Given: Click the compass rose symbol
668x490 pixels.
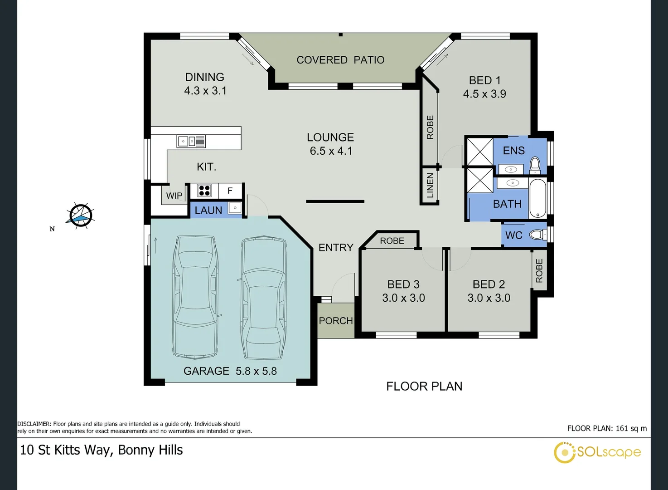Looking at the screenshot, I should pos(80,216).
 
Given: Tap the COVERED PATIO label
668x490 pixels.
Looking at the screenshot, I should pos(340,60).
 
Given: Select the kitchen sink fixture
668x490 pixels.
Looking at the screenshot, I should pos(191,142).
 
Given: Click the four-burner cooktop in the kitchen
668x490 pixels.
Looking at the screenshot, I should pos(204,191).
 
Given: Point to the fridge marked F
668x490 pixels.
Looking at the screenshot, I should pos(230,191).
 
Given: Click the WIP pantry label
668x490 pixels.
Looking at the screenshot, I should pos(174,196).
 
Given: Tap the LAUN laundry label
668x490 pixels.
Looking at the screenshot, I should pos(208,210).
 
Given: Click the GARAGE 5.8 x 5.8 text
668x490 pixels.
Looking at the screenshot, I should pos(230,371).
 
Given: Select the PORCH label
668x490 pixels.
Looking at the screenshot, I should pos(336,321).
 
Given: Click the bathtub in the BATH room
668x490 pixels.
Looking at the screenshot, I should pos(538,198).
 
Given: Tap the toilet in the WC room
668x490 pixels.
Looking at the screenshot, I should pos(538,235).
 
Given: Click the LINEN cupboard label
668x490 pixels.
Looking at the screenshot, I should pos(430,186).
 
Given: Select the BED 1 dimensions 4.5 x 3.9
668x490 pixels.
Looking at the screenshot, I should pos(484,94).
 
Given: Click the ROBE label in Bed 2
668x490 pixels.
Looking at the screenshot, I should pos(539,270).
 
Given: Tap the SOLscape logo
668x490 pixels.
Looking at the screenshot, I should pos(597,452).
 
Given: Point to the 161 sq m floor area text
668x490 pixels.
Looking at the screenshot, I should pos(631,428).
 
